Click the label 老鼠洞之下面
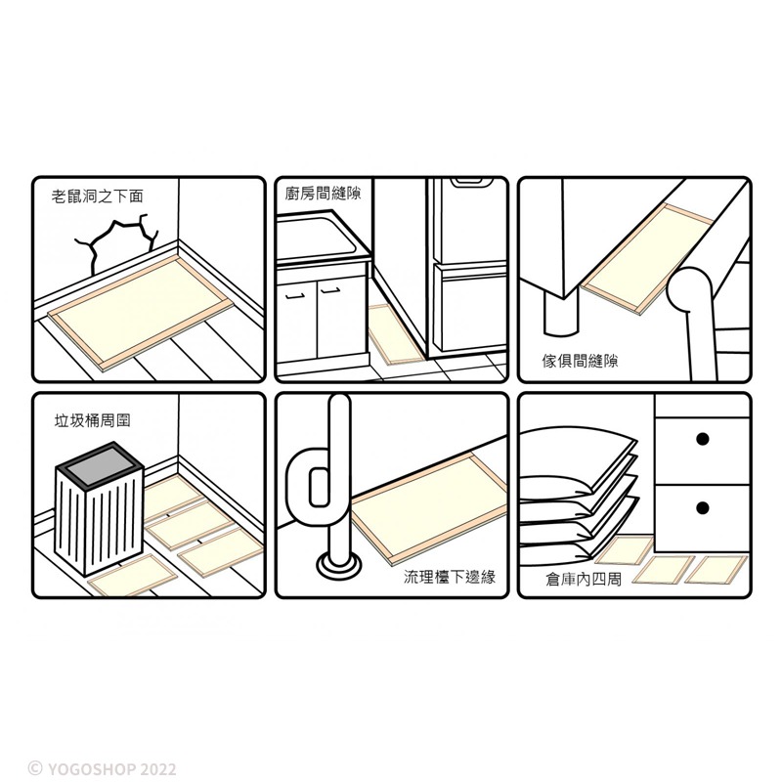click(97, 196)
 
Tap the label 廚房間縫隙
click(324, 194)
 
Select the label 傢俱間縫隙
click(580, 360)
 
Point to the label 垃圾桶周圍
click(92, 420)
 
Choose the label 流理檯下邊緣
click(450, 577)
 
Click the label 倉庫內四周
click(584, 579)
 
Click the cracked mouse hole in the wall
click(115, 239)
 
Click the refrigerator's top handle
click(467, 182)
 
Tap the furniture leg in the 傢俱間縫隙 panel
click(561, 315)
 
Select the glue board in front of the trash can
click(132, 575)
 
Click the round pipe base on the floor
click(337, 566)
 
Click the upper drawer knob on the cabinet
click(702, 439)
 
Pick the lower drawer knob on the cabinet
click(702, 508)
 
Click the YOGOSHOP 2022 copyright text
click(102, 768)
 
